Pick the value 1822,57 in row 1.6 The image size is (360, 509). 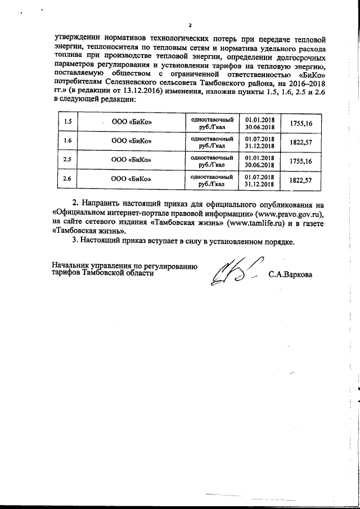pos(301,142)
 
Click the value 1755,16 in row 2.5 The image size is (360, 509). pos(301,161)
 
